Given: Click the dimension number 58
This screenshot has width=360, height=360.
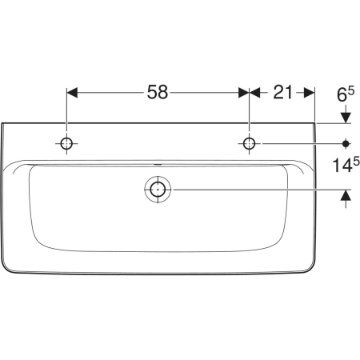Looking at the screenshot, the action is point(158,92).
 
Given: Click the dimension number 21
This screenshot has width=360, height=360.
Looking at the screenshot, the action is point(282,92).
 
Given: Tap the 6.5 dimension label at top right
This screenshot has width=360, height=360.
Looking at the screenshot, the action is point(346,94).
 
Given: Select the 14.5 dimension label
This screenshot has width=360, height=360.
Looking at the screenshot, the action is point(346,165).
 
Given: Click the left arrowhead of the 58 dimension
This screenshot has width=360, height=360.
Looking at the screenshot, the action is point(72,93).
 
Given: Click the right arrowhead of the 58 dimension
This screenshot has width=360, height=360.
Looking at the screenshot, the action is point(243,93).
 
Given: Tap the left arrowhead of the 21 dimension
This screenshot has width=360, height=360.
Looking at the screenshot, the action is point(254,93).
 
